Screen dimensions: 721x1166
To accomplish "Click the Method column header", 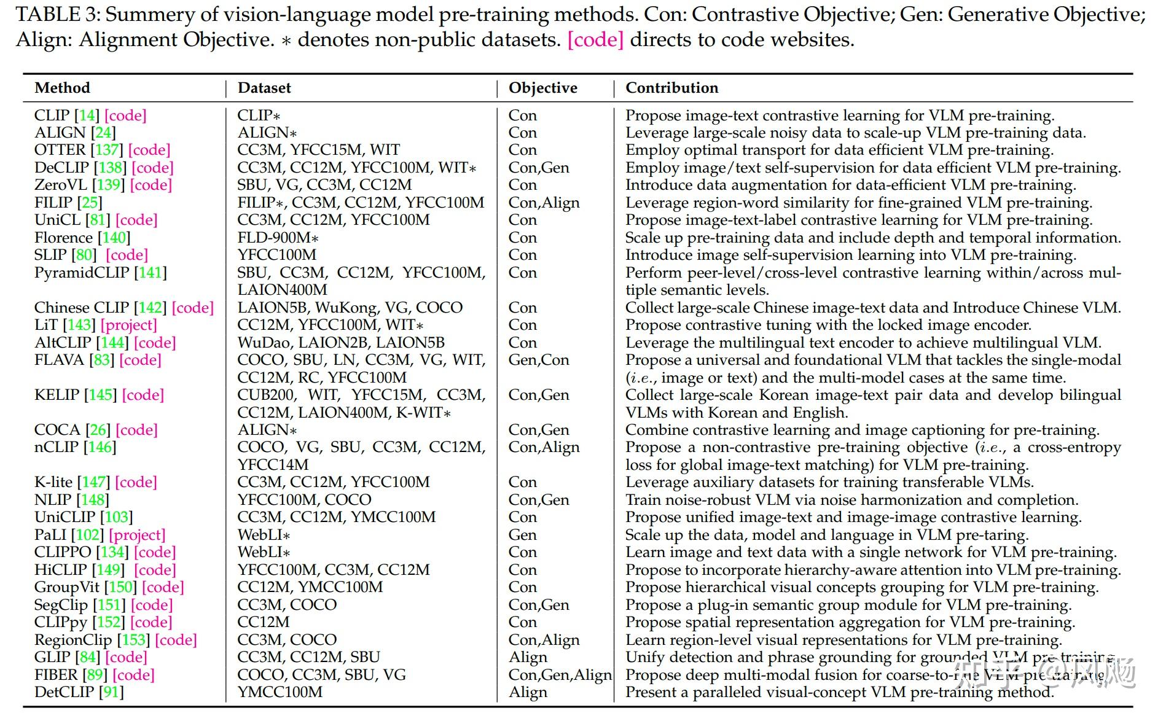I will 62,88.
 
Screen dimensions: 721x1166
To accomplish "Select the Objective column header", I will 543,88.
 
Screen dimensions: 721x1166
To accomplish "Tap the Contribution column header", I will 671,88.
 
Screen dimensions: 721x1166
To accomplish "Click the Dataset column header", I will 264,88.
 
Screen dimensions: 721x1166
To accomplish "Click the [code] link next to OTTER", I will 149,150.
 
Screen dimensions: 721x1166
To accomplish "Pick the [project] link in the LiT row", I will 129,325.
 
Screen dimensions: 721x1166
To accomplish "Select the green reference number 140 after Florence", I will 114,238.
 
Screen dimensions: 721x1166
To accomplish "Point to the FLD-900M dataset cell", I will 278,238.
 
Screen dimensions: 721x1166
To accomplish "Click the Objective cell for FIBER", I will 560,675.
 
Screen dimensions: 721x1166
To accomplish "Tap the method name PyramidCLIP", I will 82,273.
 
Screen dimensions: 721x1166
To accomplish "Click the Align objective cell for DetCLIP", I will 528,692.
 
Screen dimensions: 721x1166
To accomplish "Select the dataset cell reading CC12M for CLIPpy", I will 264,622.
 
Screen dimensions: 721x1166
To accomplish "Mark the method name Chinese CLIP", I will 82,308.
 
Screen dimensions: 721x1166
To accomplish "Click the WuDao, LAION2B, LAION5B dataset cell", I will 341,343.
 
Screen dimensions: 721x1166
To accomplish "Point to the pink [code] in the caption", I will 595,40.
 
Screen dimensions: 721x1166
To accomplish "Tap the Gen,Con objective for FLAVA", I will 539,360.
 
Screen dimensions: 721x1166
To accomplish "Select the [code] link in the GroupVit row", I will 163,587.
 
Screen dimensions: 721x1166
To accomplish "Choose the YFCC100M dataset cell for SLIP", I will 277,255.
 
